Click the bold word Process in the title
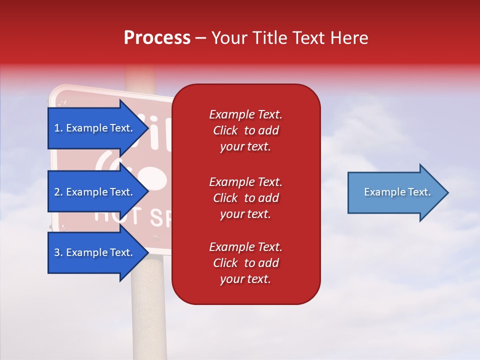coord(157,38)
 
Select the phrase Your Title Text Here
coord(289,38)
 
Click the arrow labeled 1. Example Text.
coord(95,128)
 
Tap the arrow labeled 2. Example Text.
coord(95,192)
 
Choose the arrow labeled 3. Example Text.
coord(95,252)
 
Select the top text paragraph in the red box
coord(245,130)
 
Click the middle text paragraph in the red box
coord(245,197)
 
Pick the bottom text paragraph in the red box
coord(245,263)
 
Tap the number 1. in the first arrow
coord(58,128)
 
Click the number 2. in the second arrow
coord(58,192)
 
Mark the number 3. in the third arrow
coord(58,252)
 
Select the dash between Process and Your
coord(200,38)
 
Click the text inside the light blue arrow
coord(397,192)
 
